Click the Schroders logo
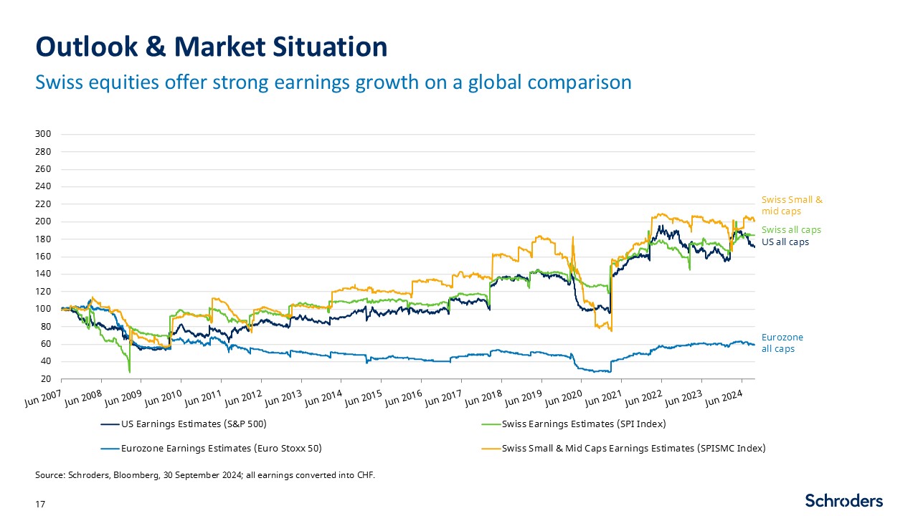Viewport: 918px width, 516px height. (x=843, y=500)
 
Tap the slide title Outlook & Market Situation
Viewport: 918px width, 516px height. (x=212, y=47)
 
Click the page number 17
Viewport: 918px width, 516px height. (x=40, y=505)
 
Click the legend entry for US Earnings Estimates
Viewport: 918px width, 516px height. (x=194, y=424)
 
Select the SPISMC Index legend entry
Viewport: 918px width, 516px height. (x=633, y=449)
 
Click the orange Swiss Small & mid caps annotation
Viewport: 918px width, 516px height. (x=792, y=205)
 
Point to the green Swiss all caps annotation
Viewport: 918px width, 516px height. (x=791, y=230)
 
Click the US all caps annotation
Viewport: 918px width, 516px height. (x=785, y=242)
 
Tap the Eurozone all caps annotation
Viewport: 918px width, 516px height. (x=782, y=343)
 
